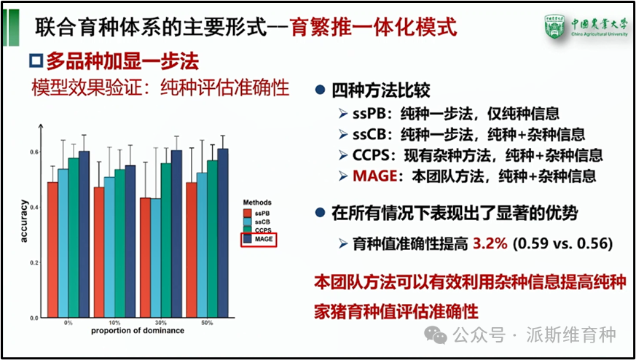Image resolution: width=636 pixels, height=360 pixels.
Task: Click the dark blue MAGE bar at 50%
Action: tap(223, 233)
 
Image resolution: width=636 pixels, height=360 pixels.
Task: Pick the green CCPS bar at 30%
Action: tap(166, 240)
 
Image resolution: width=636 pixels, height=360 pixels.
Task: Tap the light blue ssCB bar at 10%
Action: tap(109, 247)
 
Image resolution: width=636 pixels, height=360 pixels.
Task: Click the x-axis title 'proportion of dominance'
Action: tap(138, 331)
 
